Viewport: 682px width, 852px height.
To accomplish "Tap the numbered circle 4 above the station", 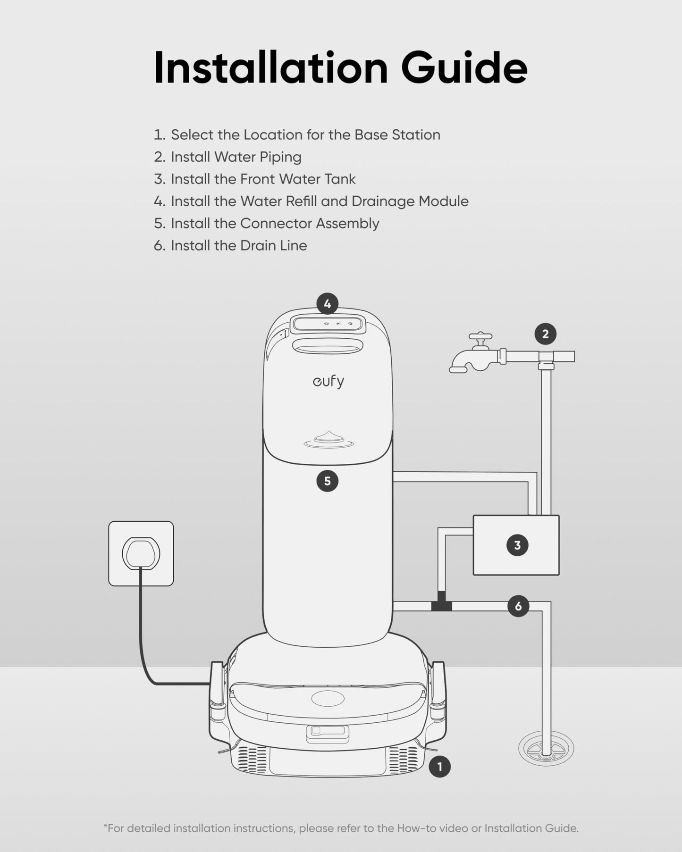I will click(x=328, y=304).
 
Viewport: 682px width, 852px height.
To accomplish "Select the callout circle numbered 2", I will click(x=545, y=334).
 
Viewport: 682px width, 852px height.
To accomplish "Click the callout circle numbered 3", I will click(x=517, y=545).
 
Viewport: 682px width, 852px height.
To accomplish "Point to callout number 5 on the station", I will click(x=327, y=481).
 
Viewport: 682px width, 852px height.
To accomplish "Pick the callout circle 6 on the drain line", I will click(x=518, y=606).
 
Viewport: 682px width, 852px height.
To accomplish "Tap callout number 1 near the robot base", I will click(x=439, y=767).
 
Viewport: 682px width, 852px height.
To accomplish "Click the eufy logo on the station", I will click(x=328, y=381).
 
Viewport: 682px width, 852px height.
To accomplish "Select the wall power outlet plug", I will click(x=141, y=553).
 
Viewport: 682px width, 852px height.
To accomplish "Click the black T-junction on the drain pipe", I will click(x=441, y=604).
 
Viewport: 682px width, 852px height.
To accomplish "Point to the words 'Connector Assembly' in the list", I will click(x=310, y=224).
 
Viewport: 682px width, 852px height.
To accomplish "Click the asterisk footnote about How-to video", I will click(x=341, y=828).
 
